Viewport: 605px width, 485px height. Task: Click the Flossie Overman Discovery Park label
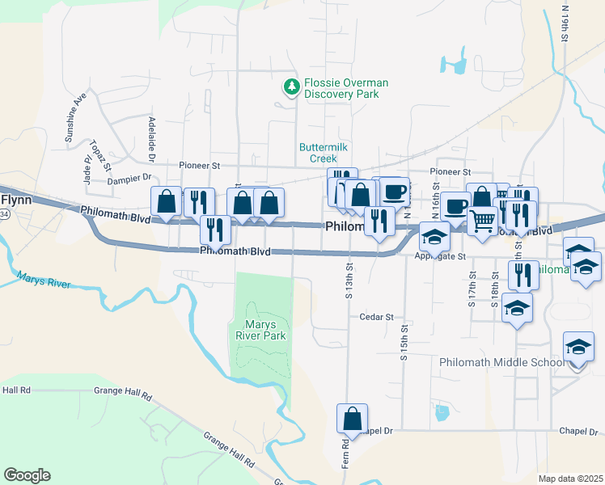tap(345, 89)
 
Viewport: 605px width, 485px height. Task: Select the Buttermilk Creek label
tap(323, 153)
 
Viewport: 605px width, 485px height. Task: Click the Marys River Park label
tap(260, 328)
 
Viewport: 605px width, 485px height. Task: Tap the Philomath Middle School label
tap(501, 362)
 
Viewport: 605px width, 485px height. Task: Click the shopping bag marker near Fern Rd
tap(352, 420)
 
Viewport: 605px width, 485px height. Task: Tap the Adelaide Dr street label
tap(151, 136)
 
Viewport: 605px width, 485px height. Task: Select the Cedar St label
tap(376, 318)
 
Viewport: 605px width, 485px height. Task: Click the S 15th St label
tap(403, 343)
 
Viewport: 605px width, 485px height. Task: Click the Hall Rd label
tap(16, 390)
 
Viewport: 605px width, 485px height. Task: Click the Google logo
tap(27, 475)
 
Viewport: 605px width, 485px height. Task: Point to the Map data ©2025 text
tap(569, 479)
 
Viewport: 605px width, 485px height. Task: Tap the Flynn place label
tap(15, 198)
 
